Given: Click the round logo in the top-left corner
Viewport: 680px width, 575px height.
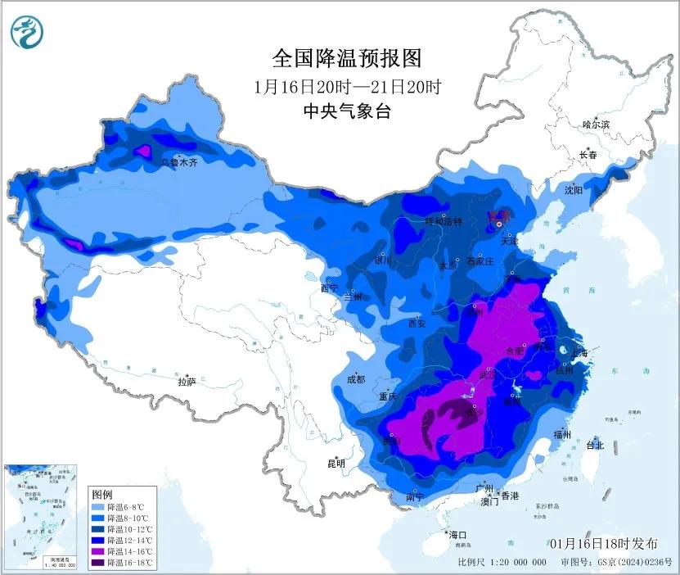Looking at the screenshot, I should click(27, 33).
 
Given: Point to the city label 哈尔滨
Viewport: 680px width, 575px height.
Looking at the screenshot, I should click(596, 125).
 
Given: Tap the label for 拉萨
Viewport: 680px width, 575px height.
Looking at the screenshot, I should click(187, 381).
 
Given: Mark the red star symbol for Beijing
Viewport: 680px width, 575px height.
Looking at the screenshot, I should click(498, 216).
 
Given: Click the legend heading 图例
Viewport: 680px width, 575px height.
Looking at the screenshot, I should click(102, 496).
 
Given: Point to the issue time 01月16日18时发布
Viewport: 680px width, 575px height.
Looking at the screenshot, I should click(603, 543).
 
